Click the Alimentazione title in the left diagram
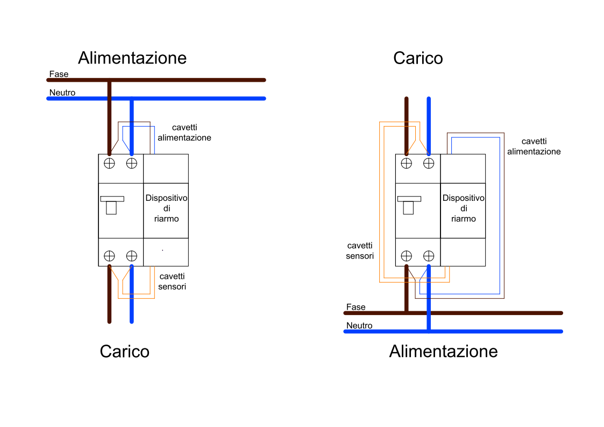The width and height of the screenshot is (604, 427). click(132, 58)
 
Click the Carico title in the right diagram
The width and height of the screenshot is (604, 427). click(418, 58)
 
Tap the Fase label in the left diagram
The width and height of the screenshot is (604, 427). click(59, 74)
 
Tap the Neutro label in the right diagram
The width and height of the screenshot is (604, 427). click(359, 325)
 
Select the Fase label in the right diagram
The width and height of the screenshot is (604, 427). click(356, 307)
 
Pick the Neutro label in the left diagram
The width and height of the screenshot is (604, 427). click(62, 93)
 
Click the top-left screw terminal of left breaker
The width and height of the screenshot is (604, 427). click(109, 163)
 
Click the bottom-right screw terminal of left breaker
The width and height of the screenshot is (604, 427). click(132, 256)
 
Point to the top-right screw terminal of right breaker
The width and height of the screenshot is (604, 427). click(429, 163)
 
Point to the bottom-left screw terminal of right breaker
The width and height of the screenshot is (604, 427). click(407, 256)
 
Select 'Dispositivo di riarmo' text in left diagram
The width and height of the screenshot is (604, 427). click(166, 208)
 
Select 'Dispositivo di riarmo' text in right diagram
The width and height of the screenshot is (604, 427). click(463, 208)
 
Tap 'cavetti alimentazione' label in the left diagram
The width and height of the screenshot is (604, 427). click(184, 132)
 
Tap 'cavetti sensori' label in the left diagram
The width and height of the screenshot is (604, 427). click(172, 281)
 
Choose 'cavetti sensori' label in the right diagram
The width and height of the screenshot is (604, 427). click(360, 250)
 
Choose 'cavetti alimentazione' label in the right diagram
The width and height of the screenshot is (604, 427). click(534, 146)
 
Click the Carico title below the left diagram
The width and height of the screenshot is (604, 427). click(124, 351)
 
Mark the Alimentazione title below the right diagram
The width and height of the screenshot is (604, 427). click(443, 351)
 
